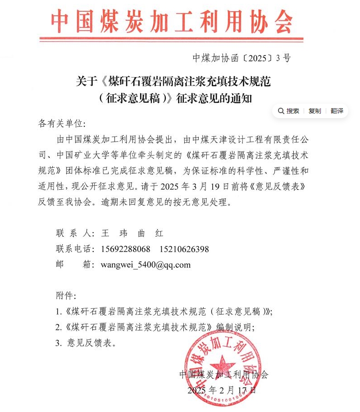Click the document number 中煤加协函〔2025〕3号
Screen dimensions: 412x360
pyautogui.click(x=242, y=58)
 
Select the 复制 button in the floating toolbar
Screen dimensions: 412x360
pyautogui.click(x=314, y=111)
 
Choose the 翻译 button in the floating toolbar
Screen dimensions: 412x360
pyautogui.click(x=337, y=111)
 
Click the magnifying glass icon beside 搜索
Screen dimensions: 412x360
pyautogui.click(x=281, y=111)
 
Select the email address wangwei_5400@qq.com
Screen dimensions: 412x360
pyautogui.click(x=146, y=265)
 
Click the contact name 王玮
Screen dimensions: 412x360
pyautogui.click(x=114, y=233)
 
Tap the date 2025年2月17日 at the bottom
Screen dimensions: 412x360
pyautogui.click(x=222, y=389)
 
